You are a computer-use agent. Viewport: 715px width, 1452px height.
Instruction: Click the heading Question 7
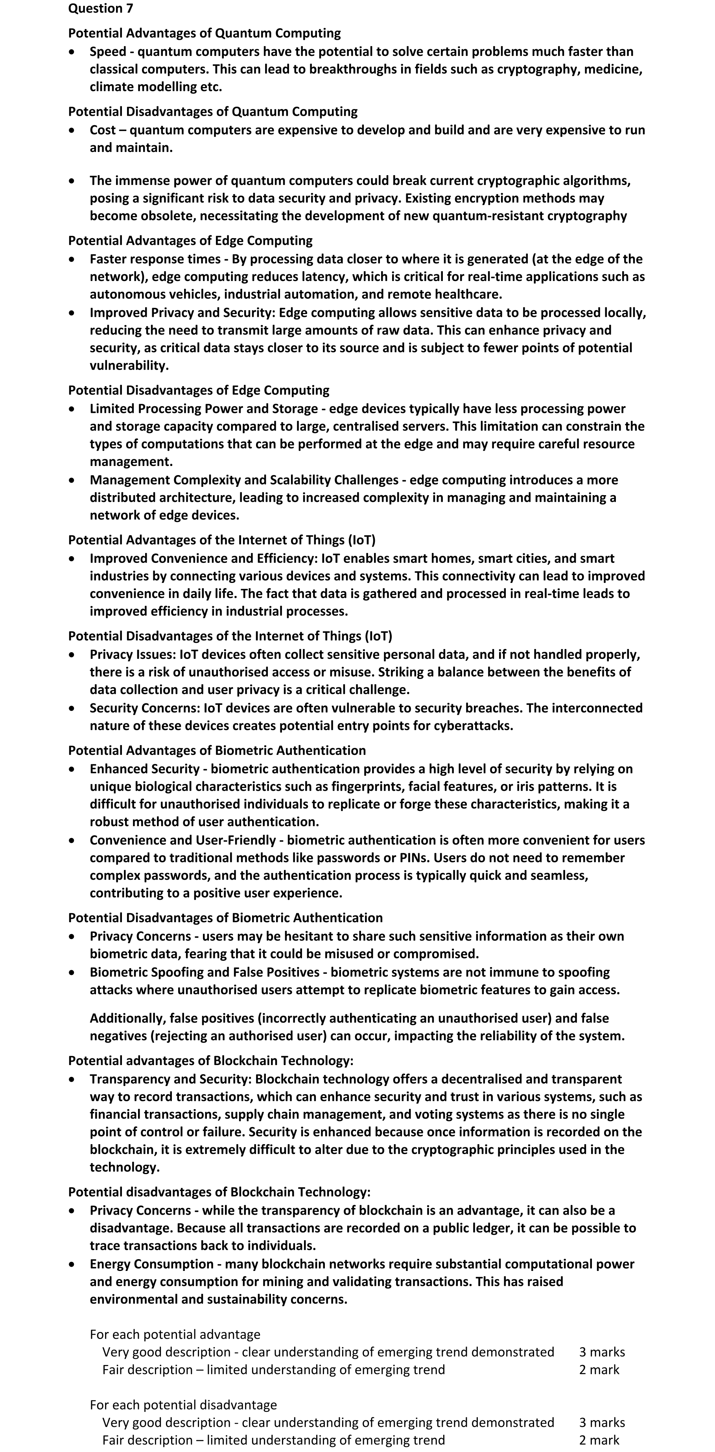click(101, 8)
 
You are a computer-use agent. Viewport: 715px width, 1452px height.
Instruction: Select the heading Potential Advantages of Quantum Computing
click(205, 33)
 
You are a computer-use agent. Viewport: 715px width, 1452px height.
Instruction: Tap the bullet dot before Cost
click(72, 130)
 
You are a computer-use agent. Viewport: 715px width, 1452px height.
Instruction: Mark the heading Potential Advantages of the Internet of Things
click(221, 540)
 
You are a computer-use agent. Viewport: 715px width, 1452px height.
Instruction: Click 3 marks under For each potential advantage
click(602, 1352)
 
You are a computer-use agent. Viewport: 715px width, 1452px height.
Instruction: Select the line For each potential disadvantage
click(183, 1405)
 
